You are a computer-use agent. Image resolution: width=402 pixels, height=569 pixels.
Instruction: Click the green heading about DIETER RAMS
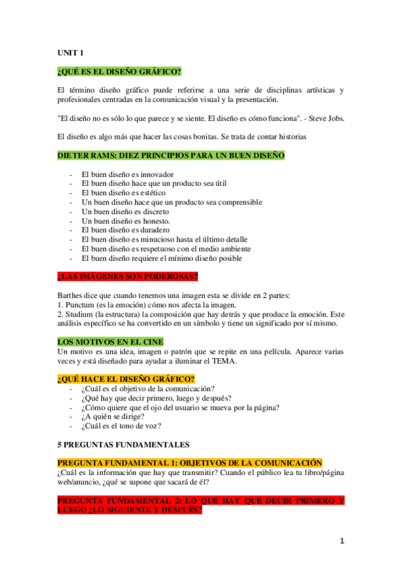click(171, 156)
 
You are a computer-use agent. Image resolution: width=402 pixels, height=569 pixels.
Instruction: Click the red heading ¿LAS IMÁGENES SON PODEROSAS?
click(128, 276)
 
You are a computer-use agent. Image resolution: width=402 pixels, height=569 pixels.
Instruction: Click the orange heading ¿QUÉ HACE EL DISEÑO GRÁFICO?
click(126, 379)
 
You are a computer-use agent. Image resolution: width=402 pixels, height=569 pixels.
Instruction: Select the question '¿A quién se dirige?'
click(112, 416)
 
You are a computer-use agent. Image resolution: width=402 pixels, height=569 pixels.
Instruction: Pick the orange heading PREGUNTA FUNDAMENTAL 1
click(189, 463)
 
